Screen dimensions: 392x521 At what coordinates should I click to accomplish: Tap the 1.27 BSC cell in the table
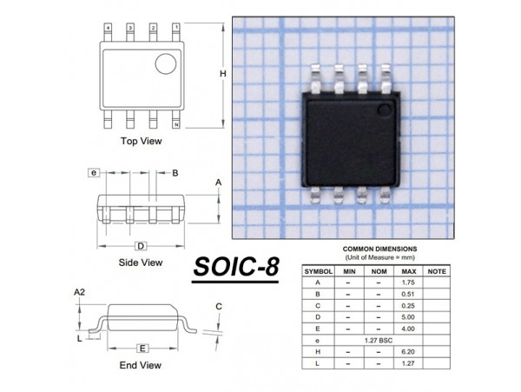point(379,340)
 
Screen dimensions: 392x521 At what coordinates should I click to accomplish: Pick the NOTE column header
point(438,272)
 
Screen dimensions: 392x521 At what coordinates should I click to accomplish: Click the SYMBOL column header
point(318,272)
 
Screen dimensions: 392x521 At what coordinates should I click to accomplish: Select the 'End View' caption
point(141,364)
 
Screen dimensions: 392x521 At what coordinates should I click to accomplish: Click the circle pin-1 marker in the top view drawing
point(165,63)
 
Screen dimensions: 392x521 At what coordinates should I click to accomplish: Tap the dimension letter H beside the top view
point(222,75)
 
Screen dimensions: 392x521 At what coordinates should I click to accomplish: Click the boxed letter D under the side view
point(141,246)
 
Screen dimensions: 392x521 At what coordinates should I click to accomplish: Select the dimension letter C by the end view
point(219,306)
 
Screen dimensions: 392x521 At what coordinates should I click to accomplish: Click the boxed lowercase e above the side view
point(93,173)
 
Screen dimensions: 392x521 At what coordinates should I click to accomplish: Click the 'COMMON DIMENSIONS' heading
point(379,249)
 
